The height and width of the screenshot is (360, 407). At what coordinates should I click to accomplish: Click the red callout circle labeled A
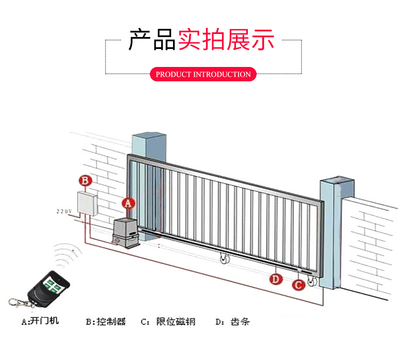click(x=128, y=203)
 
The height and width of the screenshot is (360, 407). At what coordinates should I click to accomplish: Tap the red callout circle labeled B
click(x=85, y=180)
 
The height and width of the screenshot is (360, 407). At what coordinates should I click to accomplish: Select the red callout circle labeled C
click(x=298, y=284)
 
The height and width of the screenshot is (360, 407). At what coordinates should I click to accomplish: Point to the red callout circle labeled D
click(x=277, y=279)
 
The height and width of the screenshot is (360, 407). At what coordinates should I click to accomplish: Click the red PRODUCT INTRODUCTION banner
click(x=203, y=74)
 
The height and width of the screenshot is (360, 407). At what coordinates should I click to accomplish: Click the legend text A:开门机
click(x=40, y=321)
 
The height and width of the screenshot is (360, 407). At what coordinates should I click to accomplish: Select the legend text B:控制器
click(x=106, y=322)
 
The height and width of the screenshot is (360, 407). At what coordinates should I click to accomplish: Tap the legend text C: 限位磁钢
click(x=168, y=322)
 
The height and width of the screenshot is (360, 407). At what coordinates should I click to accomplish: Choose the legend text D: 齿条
click(x=232, y=322)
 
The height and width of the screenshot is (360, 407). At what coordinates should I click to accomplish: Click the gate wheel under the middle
click(x=223, y=261)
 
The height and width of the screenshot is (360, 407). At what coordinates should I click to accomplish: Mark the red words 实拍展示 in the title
click(x=226, y=40)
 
